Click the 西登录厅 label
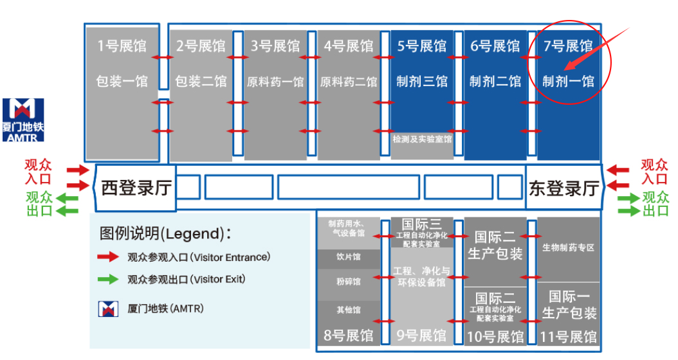pos(136,188)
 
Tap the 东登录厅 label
pos(563,188)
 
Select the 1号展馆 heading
pos(122,46)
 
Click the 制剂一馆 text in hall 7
pos(568,82)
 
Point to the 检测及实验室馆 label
pos(422,138)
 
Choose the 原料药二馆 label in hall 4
pos(349,82)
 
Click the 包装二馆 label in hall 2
pos(201,82)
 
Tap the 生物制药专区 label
pos(568,248)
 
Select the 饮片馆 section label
pos(349,257)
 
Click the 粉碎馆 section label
pos(349,282)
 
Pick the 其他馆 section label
pos(349,310)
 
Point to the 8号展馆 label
pos(349,336)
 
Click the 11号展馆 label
pos(569,336)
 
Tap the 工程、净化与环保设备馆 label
pos(422,276)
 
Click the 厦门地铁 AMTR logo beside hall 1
pos(24,119)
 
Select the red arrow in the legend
pos(107,257)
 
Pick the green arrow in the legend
pos(107,280)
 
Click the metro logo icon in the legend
pos(107,309)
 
